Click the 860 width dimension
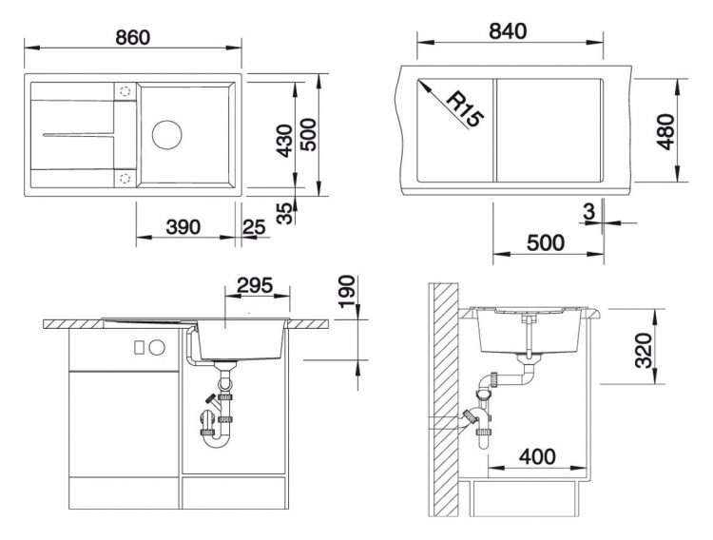(132, 37)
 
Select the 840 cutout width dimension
(508, 31)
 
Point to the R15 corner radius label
(465, 109)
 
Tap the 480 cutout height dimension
(666, 131)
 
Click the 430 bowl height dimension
(285, 141)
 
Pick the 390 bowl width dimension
(183, 226)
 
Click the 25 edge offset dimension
(254, 226)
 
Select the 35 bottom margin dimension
(285, 213)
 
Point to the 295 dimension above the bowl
(255, 285)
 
